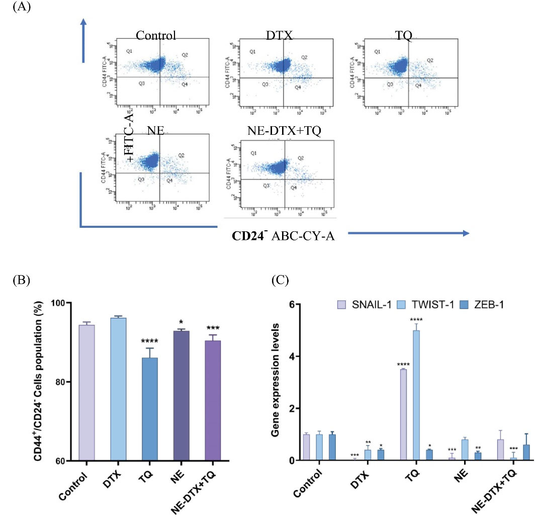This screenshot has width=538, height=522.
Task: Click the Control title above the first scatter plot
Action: [156, 35]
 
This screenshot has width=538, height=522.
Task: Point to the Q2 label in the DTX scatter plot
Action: [304, 57]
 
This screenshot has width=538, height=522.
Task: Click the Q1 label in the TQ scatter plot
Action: [377, 52]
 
